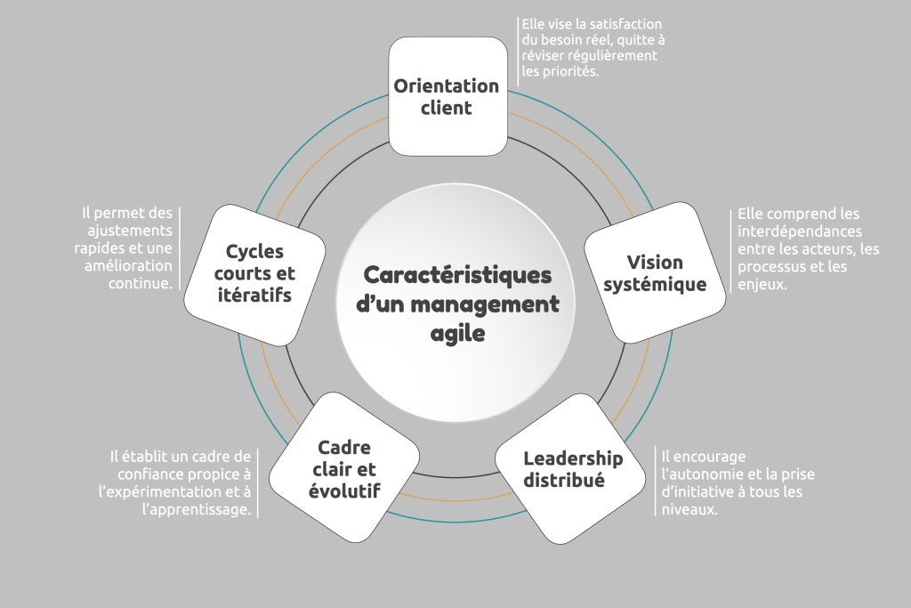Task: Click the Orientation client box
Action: pyautogui.click(x=447, y=96)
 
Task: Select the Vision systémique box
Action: pyautogui.click(x=654, y=272)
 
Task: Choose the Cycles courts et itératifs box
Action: pyautogui.click(x=254, y=272)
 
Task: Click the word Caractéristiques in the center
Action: pyautogui.click(x=457, y=274)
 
